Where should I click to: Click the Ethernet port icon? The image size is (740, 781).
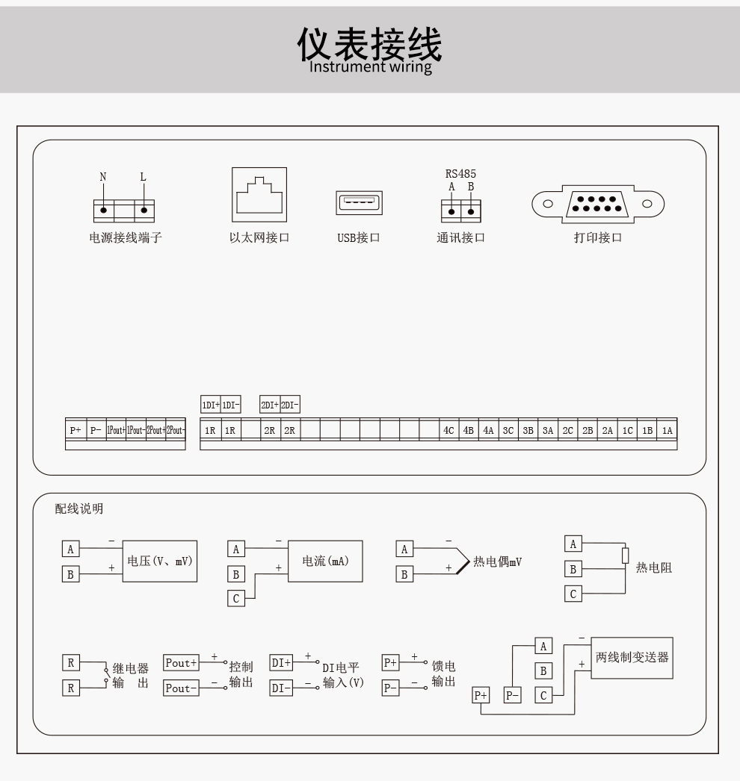pos(259,195)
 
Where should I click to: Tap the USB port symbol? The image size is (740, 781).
pos(359,203)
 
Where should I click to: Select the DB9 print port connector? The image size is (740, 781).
pos(598,205)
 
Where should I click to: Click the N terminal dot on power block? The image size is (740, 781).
pos(104,211)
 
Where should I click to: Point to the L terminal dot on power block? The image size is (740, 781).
pos(144,211)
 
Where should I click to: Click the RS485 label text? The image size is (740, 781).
pos(460,174)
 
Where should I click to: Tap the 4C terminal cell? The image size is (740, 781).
pos(448,430)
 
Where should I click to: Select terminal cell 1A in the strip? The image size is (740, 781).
pos(667,430)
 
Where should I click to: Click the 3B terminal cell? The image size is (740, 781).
pos(528,430)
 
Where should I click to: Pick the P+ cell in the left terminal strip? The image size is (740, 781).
pos(75,430)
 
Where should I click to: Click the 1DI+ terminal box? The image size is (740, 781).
pos(211,405)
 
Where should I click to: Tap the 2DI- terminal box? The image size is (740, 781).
pos(290,405)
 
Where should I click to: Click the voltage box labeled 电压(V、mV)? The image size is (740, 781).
pos(159,561)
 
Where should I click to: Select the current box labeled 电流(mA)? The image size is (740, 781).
pos(325,561)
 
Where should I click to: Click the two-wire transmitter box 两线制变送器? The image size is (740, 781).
pos(632,658)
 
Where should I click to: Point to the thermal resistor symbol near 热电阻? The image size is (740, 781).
pos(626,556)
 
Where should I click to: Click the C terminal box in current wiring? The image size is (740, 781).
pos(236,598)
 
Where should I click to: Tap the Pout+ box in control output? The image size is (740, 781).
pos(182,663)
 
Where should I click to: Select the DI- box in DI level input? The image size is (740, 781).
pos(281,688)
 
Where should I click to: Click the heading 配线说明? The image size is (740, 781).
pos(78,508)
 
